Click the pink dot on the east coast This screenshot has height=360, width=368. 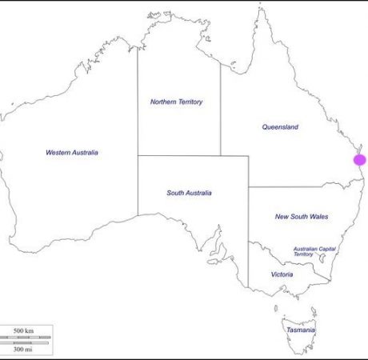point(360,159)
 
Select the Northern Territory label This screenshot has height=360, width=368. point(177,102)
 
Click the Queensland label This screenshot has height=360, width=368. point(280,126)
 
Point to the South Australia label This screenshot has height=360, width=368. point(188,193)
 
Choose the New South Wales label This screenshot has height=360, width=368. point(302,216)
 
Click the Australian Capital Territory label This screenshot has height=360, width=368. point(314,251)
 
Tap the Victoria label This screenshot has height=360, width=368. point(282,274)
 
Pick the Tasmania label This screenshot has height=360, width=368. point(300,330)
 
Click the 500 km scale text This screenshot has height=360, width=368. point(23,330)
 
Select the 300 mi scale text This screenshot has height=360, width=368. point(23,348)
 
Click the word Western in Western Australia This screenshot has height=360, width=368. point(58,152)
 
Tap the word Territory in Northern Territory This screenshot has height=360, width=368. point(189,102)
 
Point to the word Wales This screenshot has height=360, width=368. point(318,216)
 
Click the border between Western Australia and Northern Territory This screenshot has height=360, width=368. point(138,104)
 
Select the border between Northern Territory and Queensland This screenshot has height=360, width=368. point(221,112)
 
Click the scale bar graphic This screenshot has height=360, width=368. point(27,338)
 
